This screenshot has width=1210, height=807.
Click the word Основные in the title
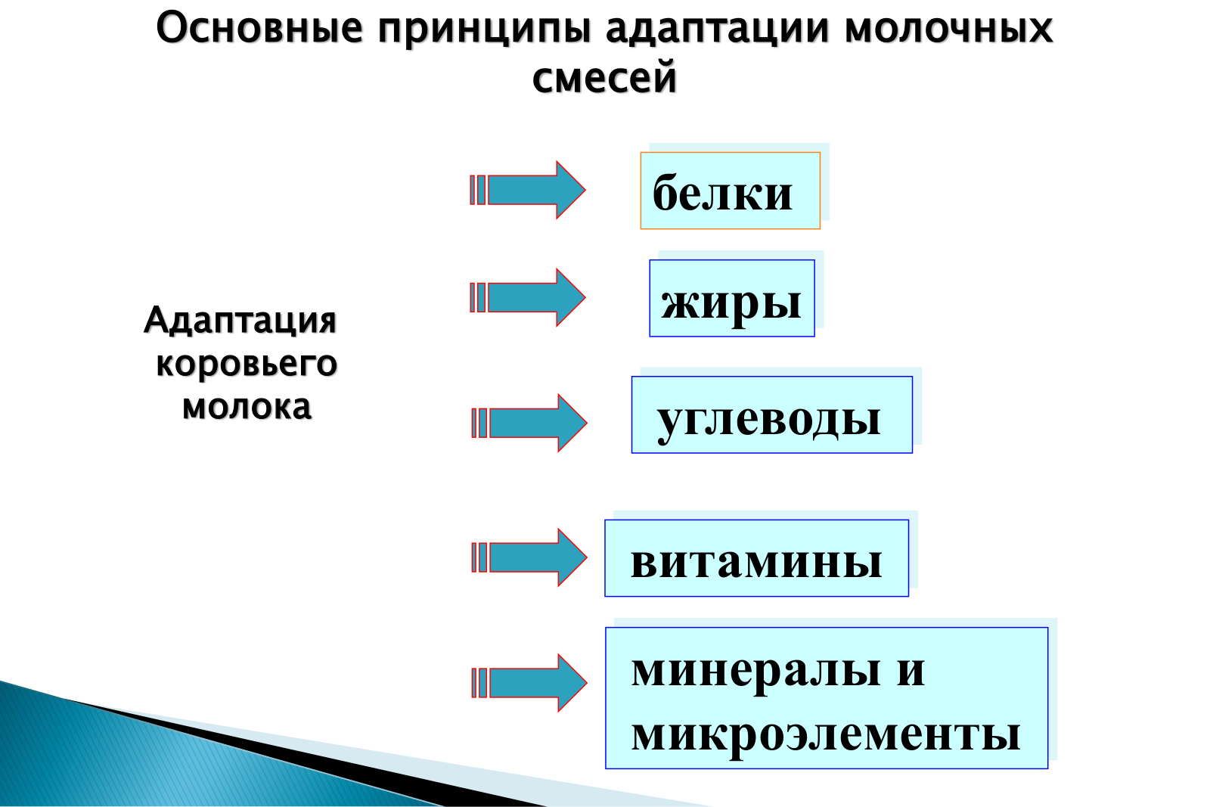coord(259,28)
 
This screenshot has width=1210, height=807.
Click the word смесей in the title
coord(604,78)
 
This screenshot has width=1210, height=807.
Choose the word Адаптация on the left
coord(240,321)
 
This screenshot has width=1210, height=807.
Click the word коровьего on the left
coord(247,364)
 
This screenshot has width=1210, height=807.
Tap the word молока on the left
coord(247,407)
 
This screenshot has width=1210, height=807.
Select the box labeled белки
coord(731,191)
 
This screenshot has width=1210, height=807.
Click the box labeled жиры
coord(732,298)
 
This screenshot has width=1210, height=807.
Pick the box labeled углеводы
coord(772,414)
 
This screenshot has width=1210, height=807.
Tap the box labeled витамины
coord(757,558)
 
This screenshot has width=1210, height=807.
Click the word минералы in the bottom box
coord(756,672)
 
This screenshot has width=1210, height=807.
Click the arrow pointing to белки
coord(528,190)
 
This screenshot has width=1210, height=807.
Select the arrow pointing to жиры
coord(528,297)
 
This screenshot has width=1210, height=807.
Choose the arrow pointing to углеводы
coord(529,422)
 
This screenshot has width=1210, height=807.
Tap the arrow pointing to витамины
coord(529,557)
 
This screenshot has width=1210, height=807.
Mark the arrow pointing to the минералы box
coord(529,683)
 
